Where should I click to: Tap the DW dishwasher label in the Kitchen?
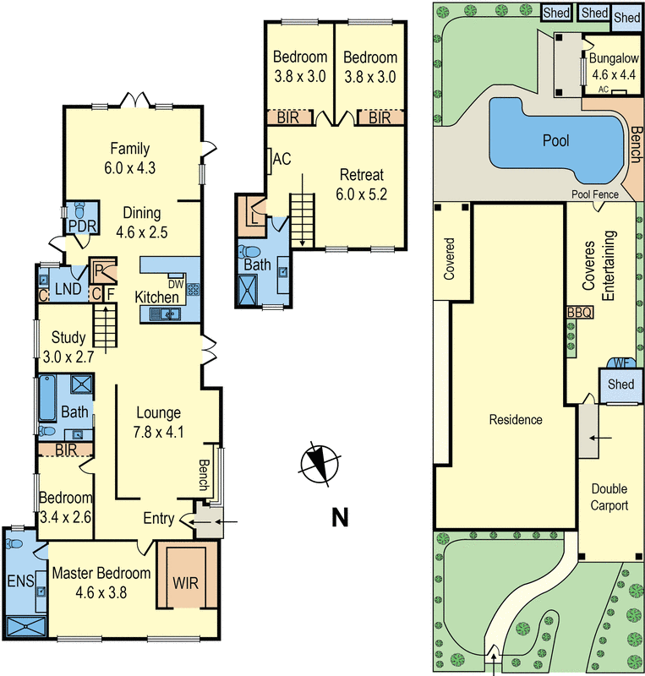176,285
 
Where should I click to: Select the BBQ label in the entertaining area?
580,312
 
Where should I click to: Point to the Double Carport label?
609,497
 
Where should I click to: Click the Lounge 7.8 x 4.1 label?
158,422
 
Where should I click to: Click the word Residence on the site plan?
516,419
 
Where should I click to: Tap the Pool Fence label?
594,194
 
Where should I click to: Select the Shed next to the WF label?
620,384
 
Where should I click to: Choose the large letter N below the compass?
339,516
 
